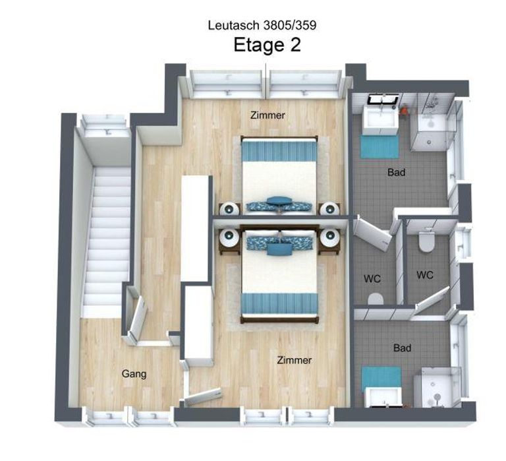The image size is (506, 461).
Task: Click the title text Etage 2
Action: pyautogui.click(x=267, y=46)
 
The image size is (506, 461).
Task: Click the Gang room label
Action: pyautogui.click(x=134, y=374)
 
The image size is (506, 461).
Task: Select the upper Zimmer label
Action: pyautogui.click(x=267, y=115)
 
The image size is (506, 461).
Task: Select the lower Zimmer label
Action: pyautogui.click(x=294, y=360)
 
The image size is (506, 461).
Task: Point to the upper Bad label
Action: pyautogui.click(x=396, y=173)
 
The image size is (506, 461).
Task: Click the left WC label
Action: pyautogui.click(x=373, y=278)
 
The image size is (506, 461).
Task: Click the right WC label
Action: pyautogui.click(x=425, y=275)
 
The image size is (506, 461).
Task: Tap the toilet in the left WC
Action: pyautogui.click(x=376, y=299)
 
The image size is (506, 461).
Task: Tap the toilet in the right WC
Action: pyautogui.click(x=425, y=241)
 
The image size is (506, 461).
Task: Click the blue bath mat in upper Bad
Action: pyautogui.click(x=379, y=146)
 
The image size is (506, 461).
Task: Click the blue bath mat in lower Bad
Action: pyautogui.click(x=381, y=377)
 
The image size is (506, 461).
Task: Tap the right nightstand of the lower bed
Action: pyautogui.click(x=329, y=238)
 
